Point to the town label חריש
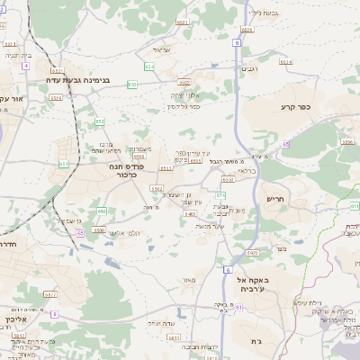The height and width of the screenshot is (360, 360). click(274, 199)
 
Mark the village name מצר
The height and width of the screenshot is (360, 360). click(282, 247)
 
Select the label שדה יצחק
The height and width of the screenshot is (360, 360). click(160, 322)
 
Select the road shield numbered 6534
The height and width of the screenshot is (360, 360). click(285, 62)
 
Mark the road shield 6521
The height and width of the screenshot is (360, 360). click(183, 21)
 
